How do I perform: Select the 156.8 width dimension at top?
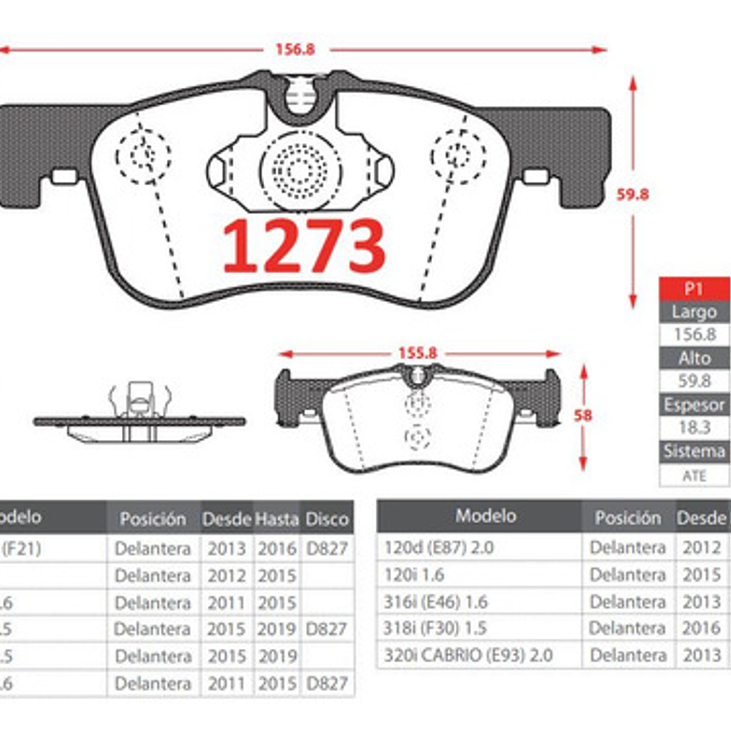pos(295,49)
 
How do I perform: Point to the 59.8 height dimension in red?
pos(632,194)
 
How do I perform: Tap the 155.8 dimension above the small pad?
pos(417,353)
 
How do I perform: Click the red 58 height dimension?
pos(582,416)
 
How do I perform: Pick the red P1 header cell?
pos(694,289)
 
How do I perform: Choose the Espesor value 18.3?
pos(694,428)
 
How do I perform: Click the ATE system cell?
pos(694,476)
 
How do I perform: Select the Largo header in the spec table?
pos(694,312)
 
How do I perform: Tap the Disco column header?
pos(327,519)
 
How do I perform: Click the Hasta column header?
pos(277,519)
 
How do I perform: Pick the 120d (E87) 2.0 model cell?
pos(439,548)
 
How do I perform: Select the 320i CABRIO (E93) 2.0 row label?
pos(468,655)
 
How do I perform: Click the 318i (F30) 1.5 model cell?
pos(435,628)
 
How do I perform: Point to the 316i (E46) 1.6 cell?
pos(435,601)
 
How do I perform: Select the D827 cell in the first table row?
pos(327,549)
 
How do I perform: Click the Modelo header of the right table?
pos(485,516)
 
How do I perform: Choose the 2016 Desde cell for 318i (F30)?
pos(702,628)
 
